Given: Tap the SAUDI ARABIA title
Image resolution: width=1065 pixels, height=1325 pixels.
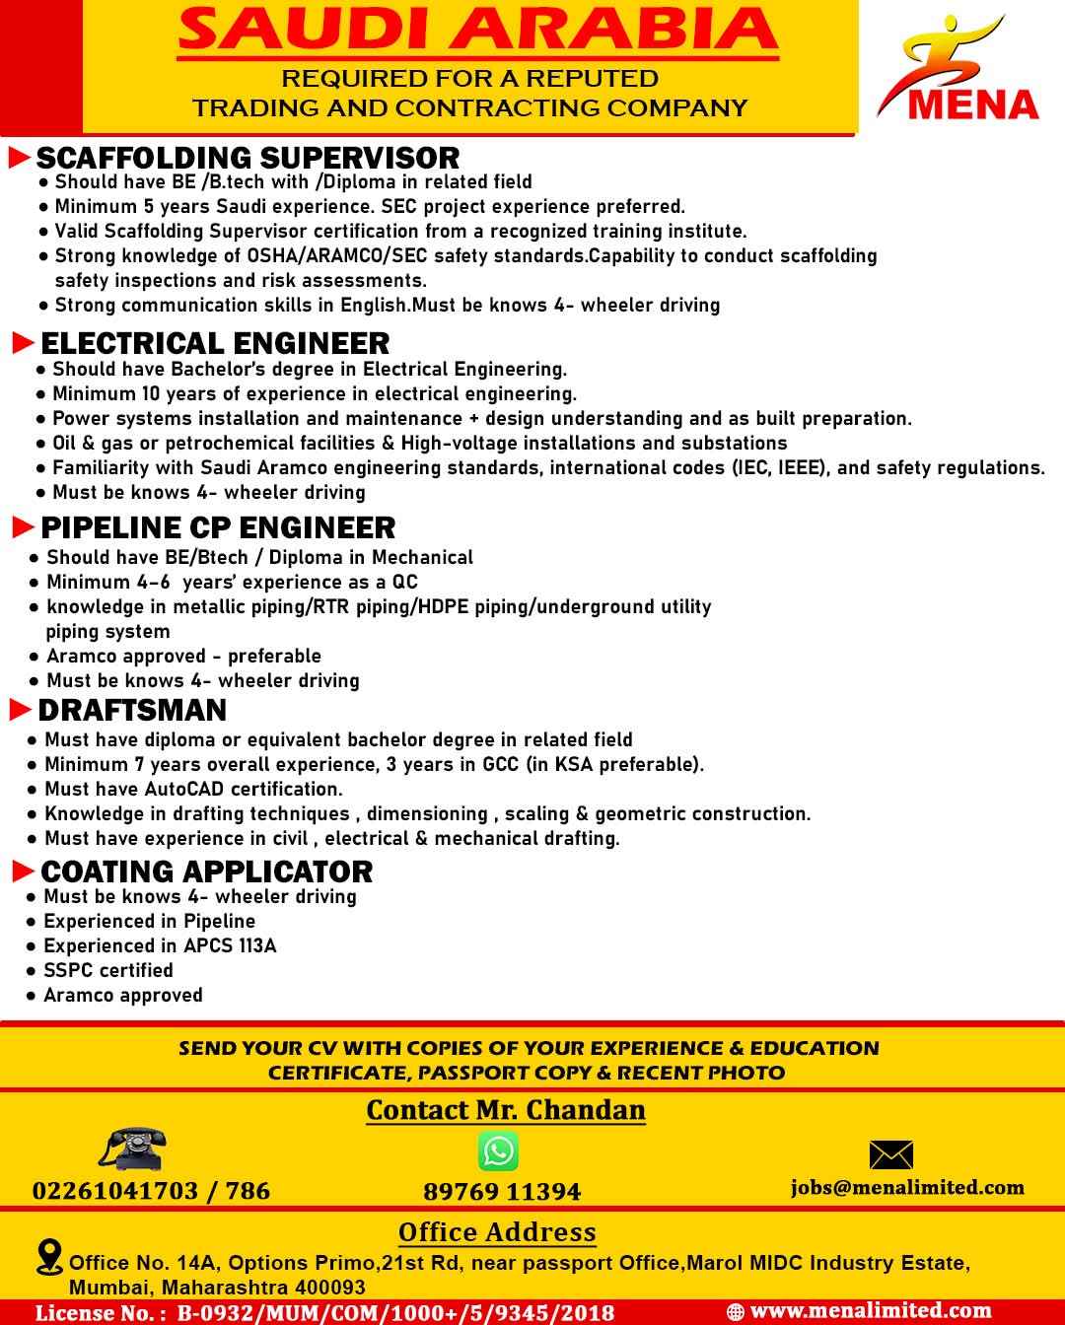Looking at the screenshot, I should point(477,30).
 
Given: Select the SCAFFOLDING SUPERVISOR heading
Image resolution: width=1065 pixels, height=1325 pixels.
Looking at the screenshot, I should point(248,158).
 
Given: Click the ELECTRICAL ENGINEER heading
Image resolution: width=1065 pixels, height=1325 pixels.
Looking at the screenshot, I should point(215,343).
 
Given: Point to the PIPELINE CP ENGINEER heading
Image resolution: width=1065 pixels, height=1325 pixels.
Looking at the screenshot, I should point(218,527).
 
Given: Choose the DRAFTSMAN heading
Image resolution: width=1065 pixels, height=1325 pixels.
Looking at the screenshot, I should point(132,710).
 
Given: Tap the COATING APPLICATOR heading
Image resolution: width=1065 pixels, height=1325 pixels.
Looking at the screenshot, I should point(206,872).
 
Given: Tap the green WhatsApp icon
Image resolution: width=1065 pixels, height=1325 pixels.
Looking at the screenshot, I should point(498,1151).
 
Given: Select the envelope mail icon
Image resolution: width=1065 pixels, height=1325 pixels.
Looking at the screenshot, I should point(890,1154).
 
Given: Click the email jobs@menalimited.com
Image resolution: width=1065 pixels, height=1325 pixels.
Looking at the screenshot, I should point(907,1187).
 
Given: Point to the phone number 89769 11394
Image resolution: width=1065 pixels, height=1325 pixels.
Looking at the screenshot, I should point(502,1192).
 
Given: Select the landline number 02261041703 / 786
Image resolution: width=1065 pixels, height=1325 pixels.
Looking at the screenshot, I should point(151,1191).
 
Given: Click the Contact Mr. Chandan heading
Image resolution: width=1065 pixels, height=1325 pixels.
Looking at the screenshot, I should point(506,1110).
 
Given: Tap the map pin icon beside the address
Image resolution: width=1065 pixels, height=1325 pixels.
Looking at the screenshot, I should point(48,1257).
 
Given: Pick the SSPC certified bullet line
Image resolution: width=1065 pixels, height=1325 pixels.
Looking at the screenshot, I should point(107,970).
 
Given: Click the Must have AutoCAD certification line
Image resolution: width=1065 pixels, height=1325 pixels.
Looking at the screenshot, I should point(193,789).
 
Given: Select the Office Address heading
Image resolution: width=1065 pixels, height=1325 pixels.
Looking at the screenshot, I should point(497,1232).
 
